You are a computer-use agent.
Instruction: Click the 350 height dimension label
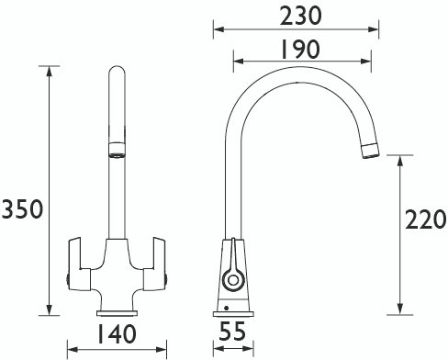(x=22, y=208)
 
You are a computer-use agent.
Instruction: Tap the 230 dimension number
(x=301, y=16)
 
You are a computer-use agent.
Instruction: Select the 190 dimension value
(x=300, y=50)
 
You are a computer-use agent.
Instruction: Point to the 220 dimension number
(x=426, y=219)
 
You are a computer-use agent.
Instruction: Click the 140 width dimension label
(x=117, y=334)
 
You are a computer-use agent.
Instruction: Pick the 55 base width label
(x=232, y=331)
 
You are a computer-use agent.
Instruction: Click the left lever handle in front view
(x=78, y=264)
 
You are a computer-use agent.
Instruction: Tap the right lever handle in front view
(x=155, y=264)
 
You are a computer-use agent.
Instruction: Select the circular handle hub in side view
(x=233, y=280)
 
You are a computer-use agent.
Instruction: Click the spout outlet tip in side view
(x=371, y=151)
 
